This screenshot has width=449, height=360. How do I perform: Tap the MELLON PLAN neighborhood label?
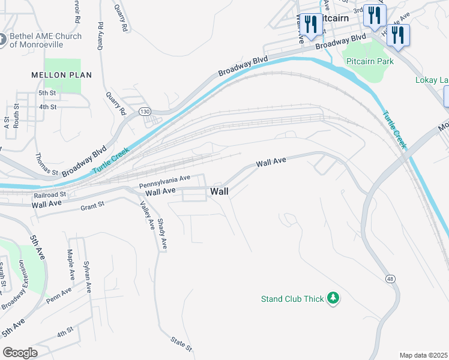point(62,75)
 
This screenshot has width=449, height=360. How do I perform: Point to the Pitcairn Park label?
point(369,61)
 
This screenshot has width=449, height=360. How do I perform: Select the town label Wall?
point(219,191)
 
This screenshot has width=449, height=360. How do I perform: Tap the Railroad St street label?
point(50,194)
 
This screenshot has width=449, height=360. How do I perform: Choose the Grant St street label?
point(92,206)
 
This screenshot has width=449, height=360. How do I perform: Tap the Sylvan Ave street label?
point(88,277)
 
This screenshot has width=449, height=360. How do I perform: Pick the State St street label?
point(181,343)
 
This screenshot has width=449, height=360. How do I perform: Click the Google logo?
point(20,353)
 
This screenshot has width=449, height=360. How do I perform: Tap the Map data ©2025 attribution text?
point(423,355)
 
